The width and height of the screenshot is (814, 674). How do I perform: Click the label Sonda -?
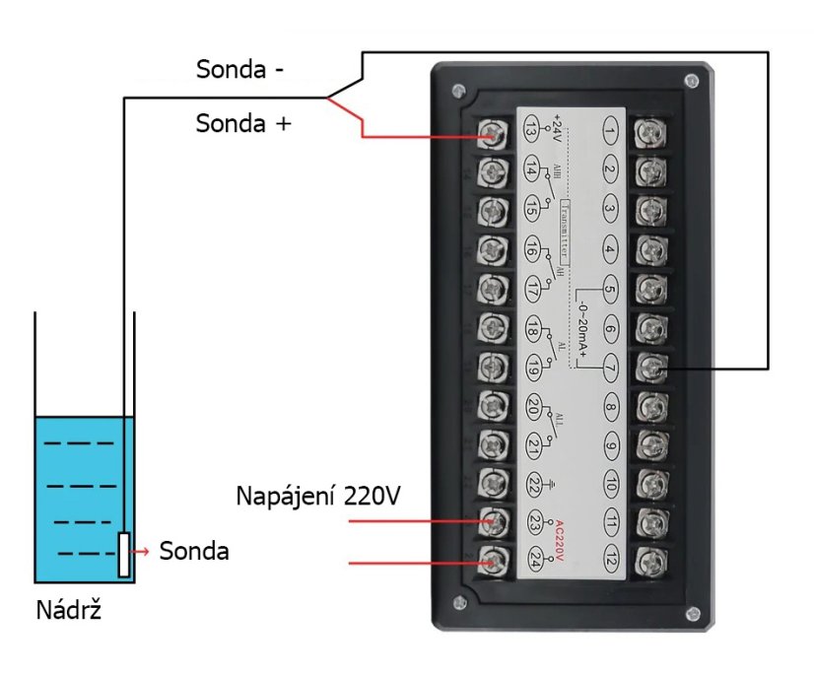[x=240, y=70]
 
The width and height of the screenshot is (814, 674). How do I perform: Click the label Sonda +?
[x=243, y=124]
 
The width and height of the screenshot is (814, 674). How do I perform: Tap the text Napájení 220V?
[x=317, y=495]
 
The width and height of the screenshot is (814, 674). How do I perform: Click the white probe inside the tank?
[x=124, y=555]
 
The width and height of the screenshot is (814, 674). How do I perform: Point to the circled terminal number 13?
[x=531, y=130]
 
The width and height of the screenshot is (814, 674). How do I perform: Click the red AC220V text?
[x=558, y=542]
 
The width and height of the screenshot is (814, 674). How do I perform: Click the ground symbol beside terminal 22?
[x=559, y=484]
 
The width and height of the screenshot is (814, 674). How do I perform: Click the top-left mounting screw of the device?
[x=457, y=92]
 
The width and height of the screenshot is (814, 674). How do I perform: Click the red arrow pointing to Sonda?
[x=143, y=552]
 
